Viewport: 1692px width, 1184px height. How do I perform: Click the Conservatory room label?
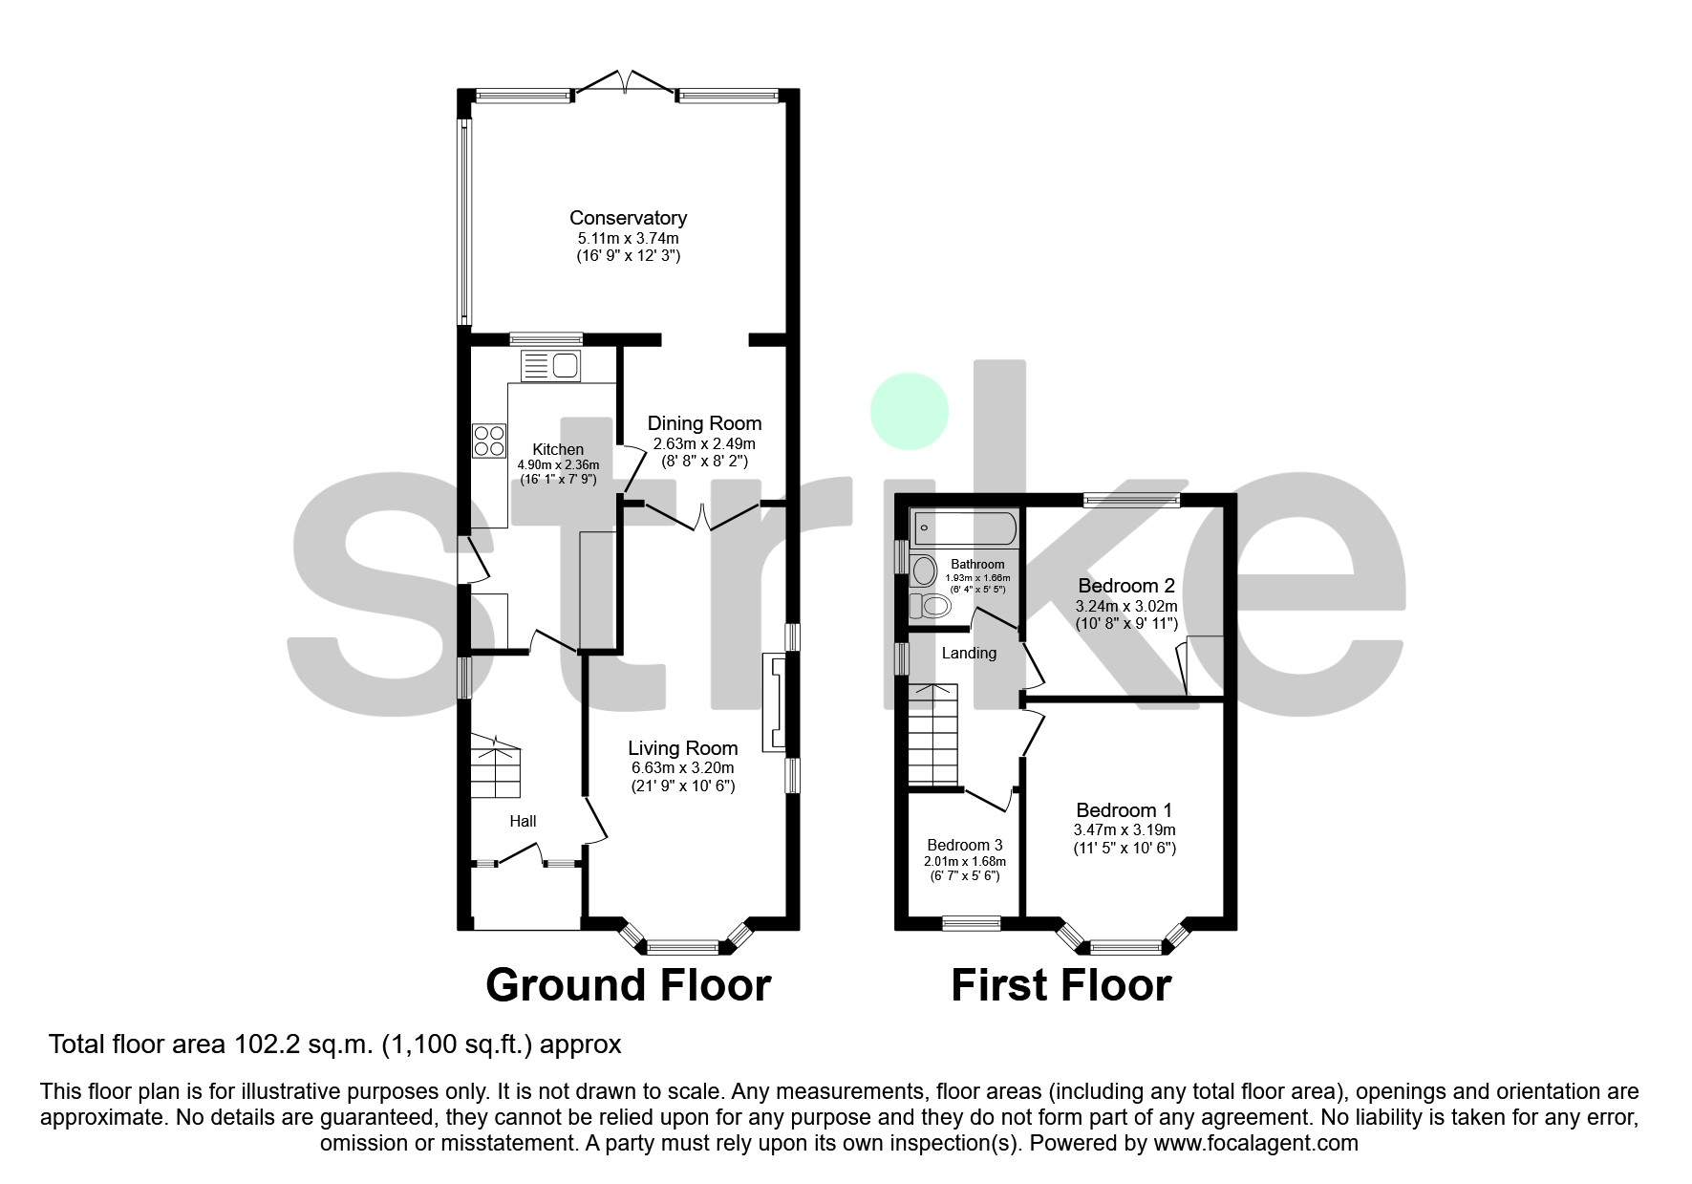628,218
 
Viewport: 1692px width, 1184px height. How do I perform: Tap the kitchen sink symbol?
550,366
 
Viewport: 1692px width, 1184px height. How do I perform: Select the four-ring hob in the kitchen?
489,441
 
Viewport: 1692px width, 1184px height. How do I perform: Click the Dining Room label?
704,423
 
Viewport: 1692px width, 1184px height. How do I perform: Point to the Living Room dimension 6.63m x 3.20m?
682,768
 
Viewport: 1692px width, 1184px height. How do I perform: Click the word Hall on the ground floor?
523,821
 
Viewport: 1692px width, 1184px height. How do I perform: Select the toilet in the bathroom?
930,606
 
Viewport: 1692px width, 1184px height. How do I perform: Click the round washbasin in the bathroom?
924,571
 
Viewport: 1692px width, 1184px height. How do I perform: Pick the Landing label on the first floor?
969,654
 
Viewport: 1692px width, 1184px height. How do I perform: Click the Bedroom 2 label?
1126,586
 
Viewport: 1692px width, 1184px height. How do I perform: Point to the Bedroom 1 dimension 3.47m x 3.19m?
1125,829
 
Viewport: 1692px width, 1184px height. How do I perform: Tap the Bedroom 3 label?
965,845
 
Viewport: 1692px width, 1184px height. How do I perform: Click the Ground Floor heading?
628,985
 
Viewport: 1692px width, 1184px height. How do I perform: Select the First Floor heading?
1060,985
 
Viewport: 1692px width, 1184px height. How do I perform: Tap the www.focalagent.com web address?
1255,1143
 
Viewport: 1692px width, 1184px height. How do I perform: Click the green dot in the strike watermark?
909,412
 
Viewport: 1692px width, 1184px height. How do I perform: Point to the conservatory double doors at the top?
625,83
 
